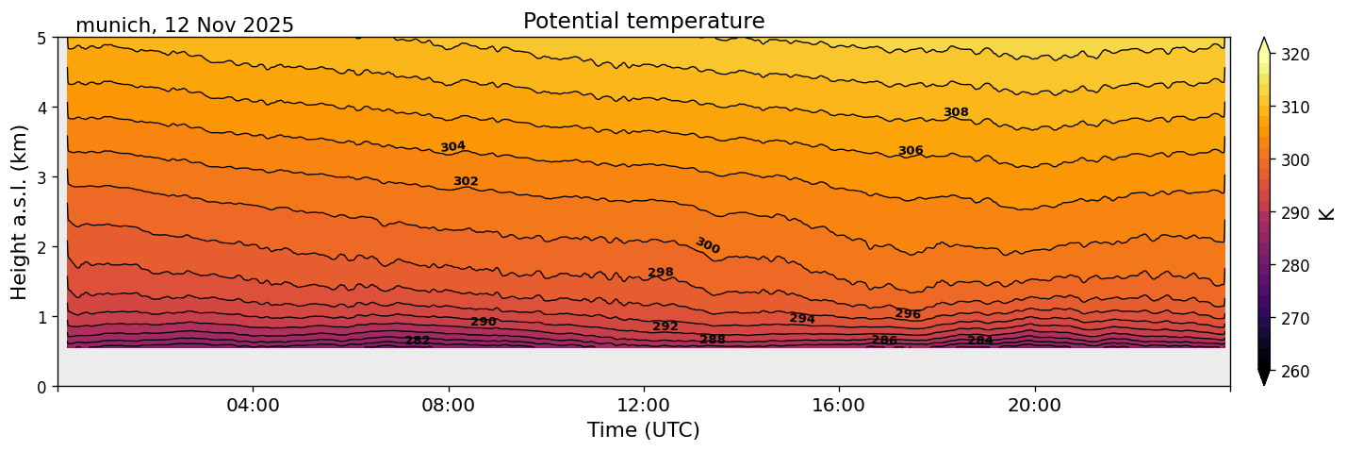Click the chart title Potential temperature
(x=643, y=21)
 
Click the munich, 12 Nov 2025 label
(x=185, y=25)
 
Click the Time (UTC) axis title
(x=643, y=430)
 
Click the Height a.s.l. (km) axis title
(x=20, y=212)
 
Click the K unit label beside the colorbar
(x=1327, y=213)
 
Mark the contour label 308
(x=956, y=112)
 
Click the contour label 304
(x=453, y=147)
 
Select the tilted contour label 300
(x=707, y=245)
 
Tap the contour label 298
(x=661, y=273)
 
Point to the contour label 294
(x=802, y=319)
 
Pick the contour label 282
(x=418, y=341)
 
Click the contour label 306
(x=911, y=151)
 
